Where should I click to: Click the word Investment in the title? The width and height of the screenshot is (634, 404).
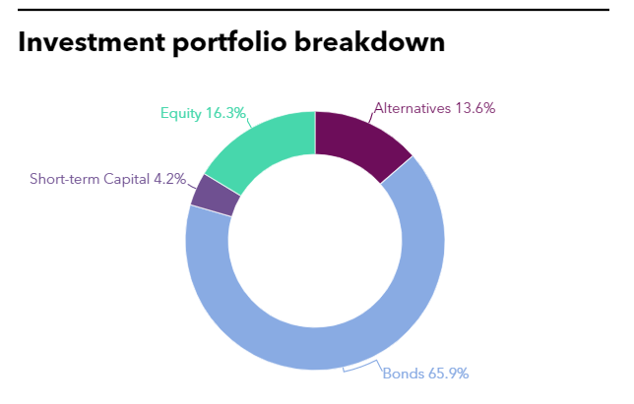[92, 42]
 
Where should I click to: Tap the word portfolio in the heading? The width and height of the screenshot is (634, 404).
[229, 43]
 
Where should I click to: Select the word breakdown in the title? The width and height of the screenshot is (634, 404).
[369, 42]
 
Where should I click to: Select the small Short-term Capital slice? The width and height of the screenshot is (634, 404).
[215, 195]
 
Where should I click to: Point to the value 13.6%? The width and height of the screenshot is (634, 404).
[475, 108]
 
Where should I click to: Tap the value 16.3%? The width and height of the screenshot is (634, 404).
[225, 113]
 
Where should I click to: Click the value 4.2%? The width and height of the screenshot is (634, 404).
[169, 179]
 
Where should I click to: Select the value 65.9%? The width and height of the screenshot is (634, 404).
[448, 374]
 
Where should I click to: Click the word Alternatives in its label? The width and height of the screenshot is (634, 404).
[412, 108]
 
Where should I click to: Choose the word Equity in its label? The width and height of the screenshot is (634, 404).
[181, 113]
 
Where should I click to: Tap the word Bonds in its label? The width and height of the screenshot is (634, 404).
[403, 374]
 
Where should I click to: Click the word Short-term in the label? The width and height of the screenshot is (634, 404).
[65, 179]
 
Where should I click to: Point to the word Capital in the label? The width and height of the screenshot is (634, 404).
[127, 179]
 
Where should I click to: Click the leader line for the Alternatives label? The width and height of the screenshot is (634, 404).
[371, 117]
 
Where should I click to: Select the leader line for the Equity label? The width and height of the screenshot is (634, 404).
[249, 122]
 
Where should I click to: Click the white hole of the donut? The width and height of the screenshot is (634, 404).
[315, 241]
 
